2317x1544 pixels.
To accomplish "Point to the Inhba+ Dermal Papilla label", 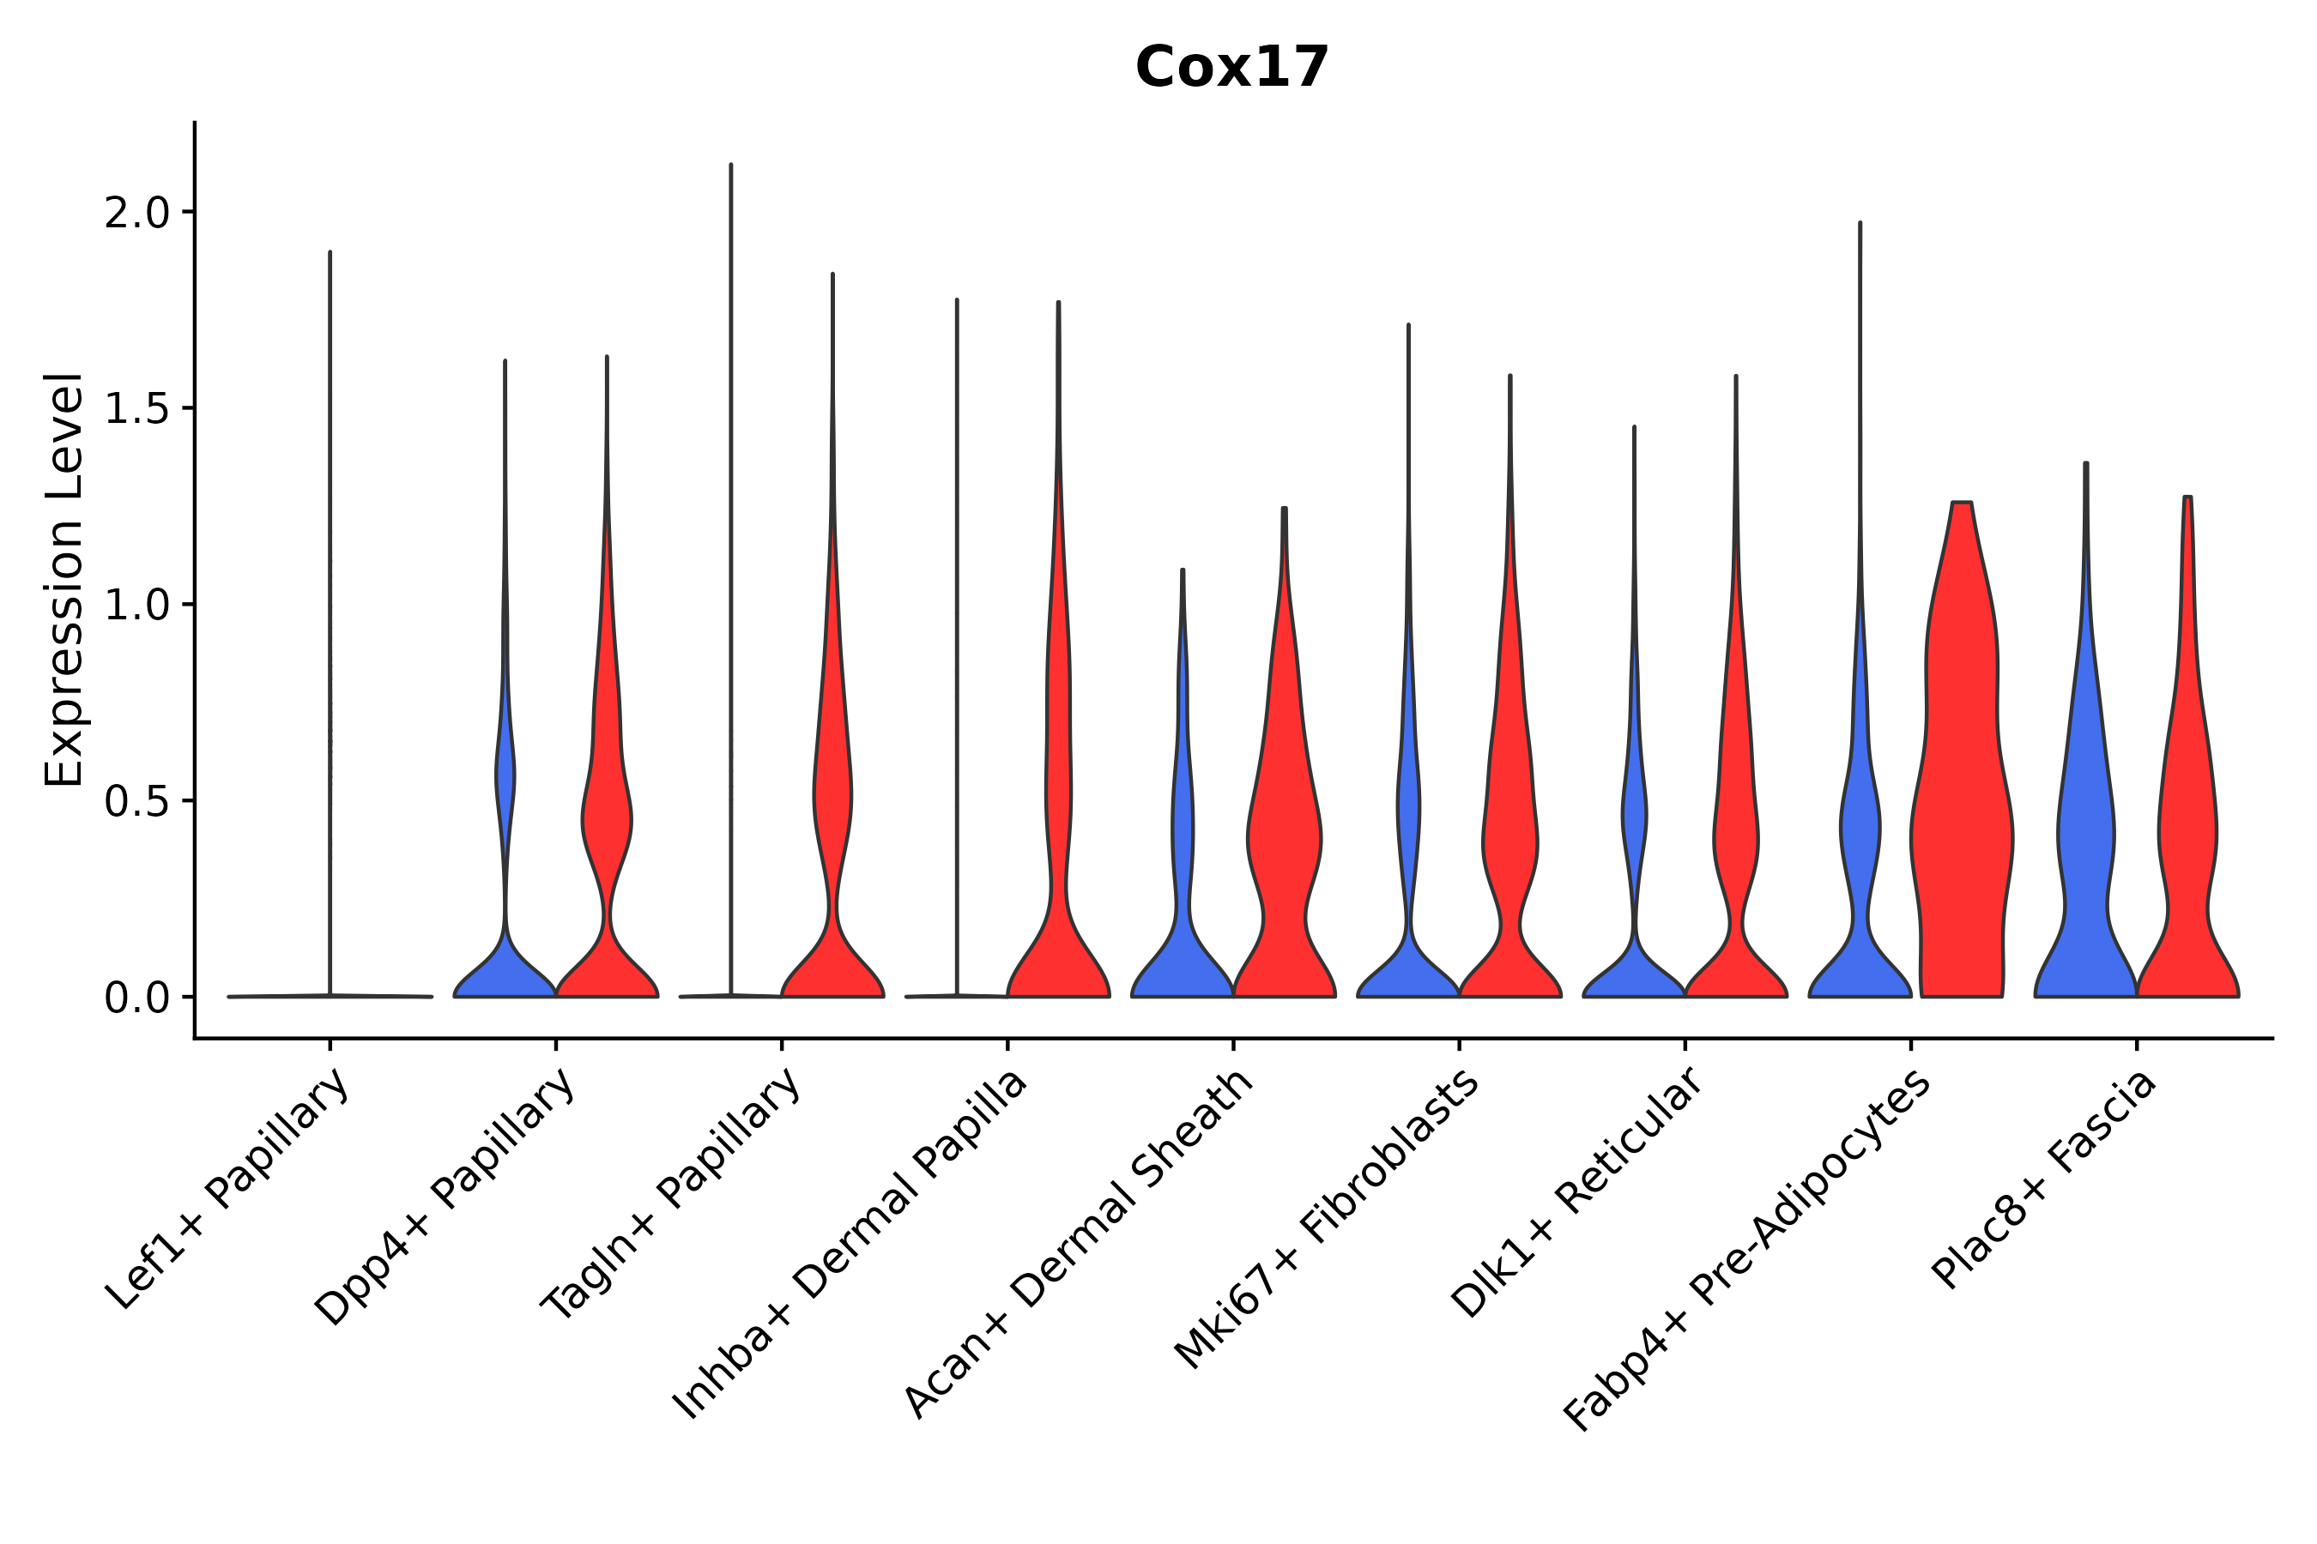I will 850,1245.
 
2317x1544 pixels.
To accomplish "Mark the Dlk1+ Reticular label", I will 1577,1192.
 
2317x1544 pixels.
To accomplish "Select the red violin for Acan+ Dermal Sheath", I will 1285,837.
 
